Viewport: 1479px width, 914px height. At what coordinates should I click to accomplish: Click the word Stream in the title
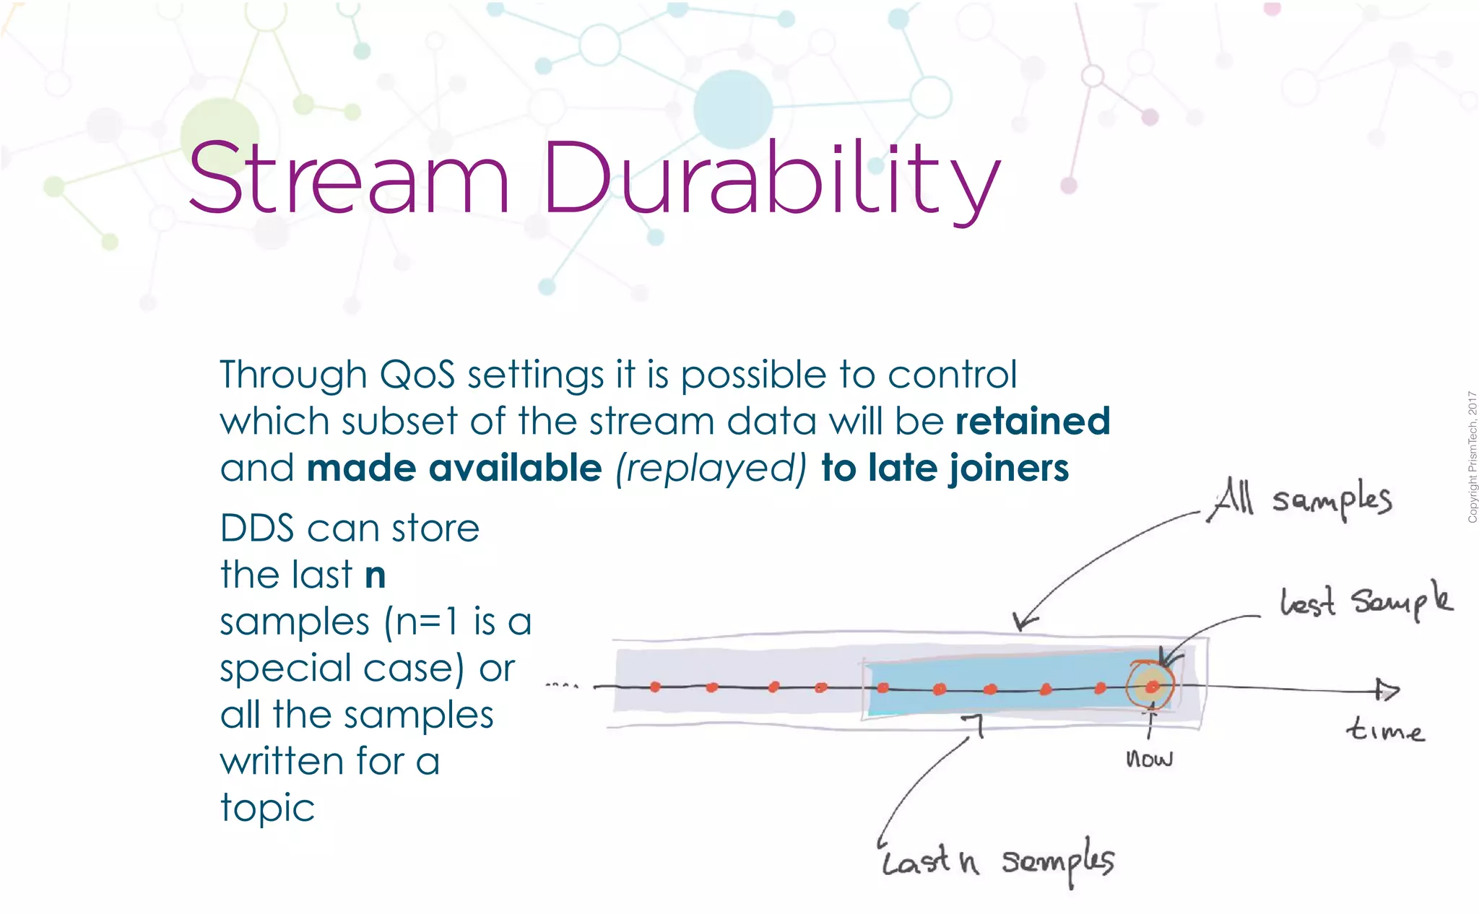(349, 178)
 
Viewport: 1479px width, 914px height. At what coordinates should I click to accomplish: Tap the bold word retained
(1033, 421)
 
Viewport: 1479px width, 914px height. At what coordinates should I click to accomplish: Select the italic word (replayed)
(711, 469)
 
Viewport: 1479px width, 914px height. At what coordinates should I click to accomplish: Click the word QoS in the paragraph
(417, 375)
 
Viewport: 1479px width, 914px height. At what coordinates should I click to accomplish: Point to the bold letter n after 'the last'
(375, 575)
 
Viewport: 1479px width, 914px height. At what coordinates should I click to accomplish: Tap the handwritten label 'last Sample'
(1365, 601)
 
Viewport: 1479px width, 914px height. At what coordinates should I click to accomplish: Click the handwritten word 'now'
(1149, 759)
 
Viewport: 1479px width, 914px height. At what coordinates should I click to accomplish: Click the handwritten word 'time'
(1384, 731)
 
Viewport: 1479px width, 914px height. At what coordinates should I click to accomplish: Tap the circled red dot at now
(1152, 686)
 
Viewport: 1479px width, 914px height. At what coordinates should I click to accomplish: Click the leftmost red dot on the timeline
(655, 687)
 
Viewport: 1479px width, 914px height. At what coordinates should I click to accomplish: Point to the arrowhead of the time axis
(1387, 690)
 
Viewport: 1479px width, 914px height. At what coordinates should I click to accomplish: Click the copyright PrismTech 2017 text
(1472, 457)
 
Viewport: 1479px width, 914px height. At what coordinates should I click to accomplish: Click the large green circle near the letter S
(219, 134)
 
